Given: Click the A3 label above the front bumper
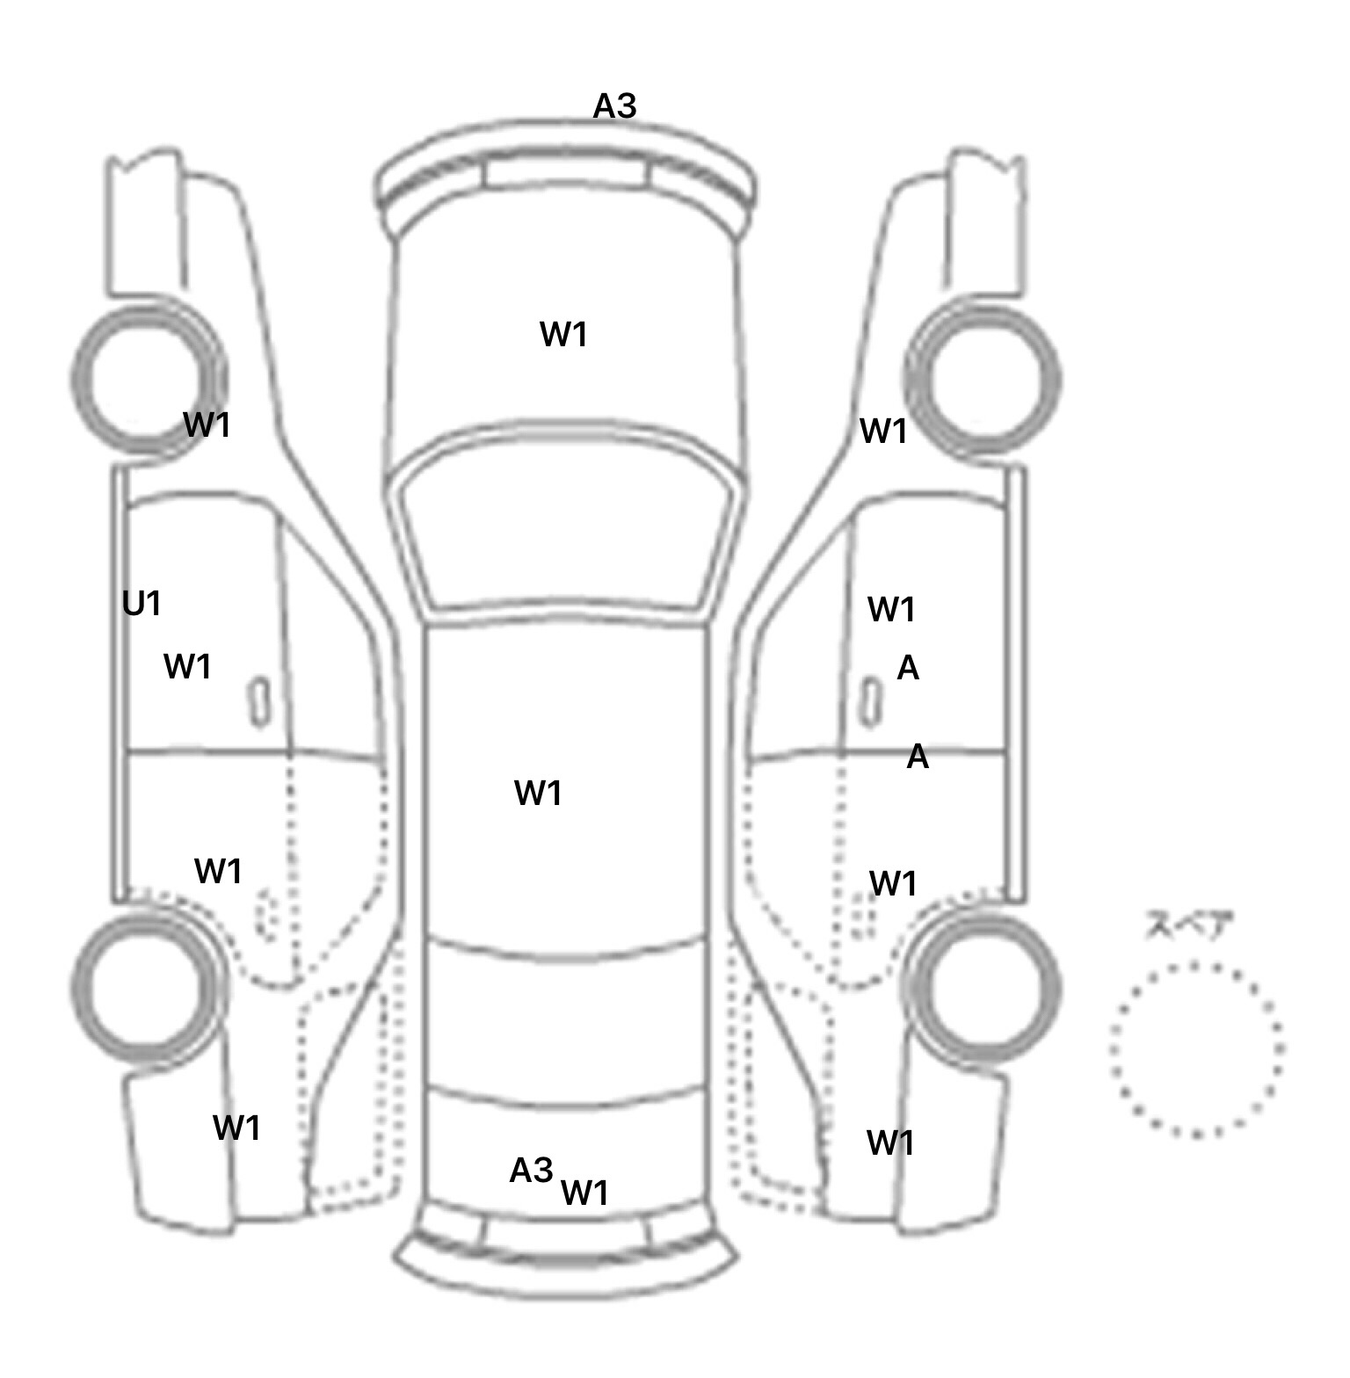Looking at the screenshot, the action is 614,106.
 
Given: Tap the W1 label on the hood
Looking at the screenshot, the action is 563,335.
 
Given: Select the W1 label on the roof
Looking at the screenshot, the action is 538,794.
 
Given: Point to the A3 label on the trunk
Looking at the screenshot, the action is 532,1171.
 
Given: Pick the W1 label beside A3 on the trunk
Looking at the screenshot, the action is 584,1193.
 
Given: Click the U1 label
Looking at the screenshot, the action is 142,604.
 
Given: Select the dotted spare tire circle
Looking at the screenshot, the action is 1196,964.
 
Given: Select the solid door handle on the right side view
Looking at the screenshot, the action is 871,702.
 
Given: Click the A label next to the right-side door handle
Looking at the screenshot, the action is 908,669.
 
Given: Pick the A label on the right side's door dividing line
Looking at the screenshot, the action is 918,756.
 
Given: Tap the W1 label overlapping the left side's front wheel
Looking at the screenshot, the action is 207,425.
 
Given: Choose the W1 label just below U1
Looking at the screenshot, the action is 188,667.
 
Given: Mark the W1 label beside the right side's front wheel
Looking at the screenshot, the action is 883,432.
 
